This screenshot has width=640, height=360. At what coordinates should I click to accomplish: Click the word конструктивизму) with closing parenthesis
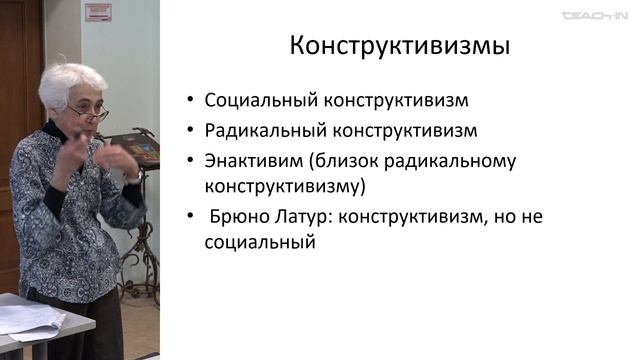pos(285,186)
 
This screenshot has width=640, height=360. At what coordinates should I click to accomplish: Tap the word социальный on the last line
pos(260,242)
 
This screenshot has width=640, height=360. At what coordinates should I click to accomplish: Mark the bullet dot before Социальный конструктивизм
pos(190,101)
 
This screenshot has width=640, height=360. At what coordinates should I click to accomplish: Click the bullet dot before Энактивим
pos(190,161)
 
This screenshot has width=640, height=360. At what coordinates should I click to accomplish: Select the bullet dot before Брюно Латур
pos(190,217)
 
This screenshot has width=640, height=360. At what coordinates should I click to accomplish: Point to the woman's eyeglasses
pos(90,114)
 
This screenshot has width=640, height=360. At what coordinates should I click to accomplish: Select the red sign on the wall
pos(98,12)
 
